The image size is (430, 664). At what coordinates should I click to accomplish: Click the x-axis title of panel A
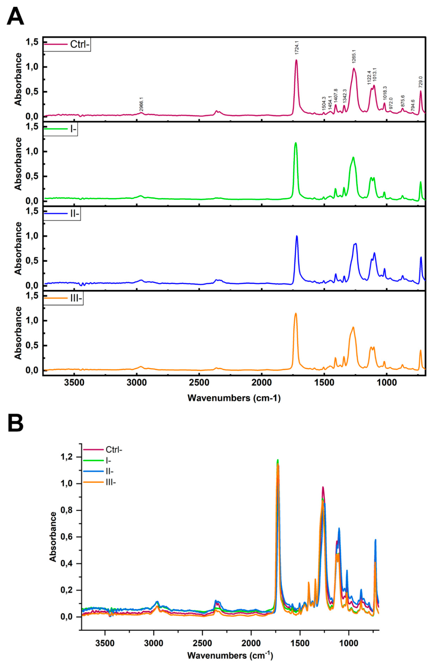(x=234, y=398)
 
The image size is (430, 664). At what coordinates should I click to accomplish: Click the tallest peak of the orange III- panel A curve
(x=295, y=314)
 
